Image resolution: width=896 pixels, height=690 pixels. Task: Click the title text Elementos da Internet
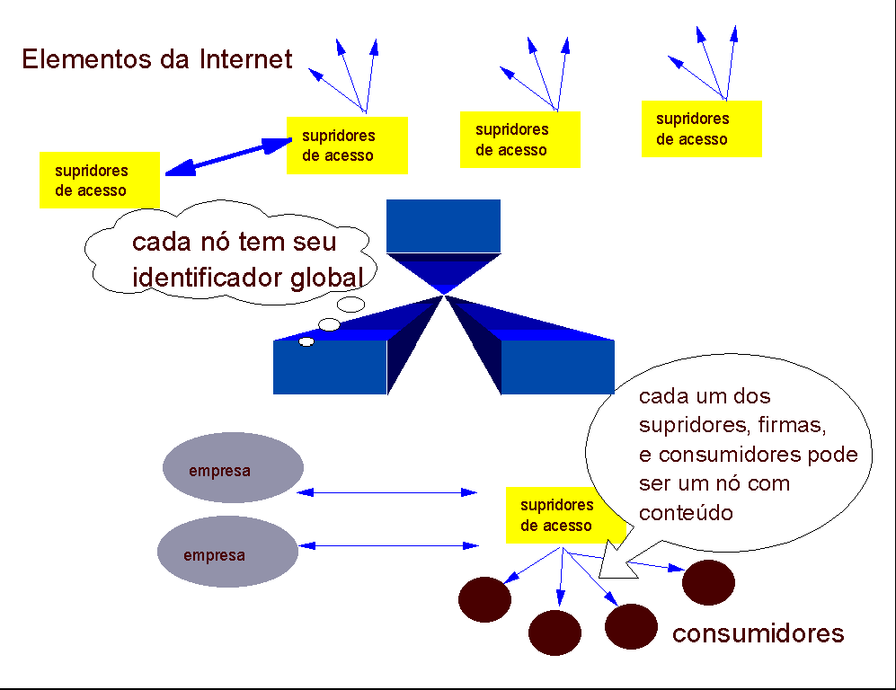coord(157,59)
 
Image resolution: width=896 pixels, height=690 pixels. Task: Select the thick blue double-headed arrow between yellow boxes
coord(230,154)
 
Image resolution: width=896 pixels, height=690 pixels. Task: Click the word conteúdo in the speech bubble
coord(687,513)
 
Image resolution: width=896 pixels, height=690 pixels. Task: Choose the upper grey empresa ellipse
coord(233,468)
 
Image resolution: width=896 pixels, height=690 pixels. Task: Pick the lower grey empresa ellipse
coord(227,552)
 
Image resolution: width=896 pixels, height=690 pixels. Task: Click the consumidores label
coord(758,633)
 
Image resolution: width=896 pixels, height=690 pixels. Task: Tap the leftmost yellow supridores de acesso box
coord(99,180)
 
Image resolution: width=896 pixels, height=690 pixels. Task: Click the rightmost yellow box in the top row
coord(701,128)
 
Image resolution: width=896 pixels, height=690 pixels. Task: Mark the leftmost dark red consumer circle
coord(484,599)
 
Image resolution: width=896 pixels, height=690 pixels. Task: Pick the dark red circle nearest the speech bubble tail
coord(708,581)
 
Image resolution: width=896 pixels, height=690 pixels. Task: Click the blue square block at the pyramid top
coord(443,226)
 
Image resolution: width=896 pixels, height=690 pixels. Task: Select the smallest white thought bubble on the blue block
coord(306,341)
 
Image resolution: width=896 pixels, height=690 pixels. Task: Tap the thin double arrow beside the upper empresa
coord(386,492)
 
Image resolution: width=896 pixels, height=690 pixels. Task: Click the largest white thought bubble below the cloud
coord(350,305)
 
